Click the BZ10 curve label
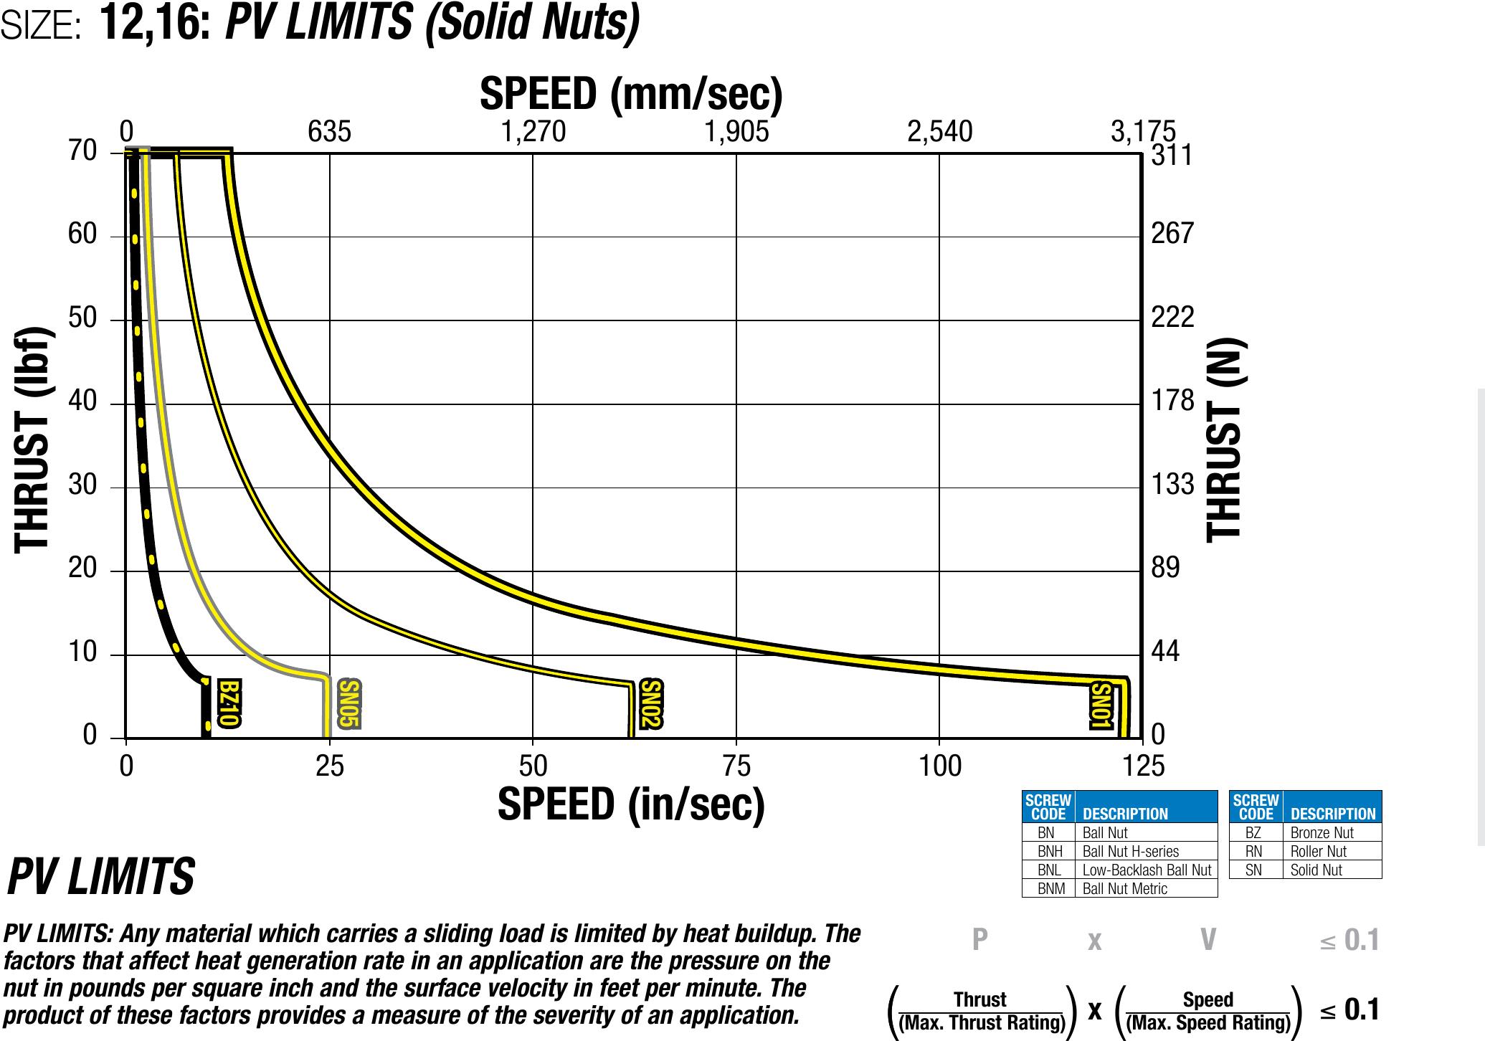coord(229,703)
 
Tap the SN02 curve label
coord(650,703)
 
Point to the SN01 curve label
coord(1101,705)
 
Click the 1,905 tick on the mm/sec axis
coord(736,132)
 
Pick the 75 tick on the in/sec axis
coord(736,766)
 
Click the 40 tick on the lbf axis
coord(82,401)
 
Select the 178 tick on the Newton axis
coord(1172,401)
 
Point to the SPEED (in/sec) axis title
coord(631,804)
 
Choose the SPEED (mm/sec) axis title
coord(631,94)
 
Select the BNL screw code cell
coord(1049,870)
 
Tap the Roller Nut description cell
coord(1318,852)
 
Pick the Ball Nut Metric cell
coord(1124,889)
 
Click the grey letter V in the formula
coord(1208,939)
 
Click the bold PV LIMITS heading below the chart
coord(101,877)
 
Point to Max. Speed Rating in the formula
coord(1208,1023)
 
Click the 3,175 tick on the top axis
coord(1142,132)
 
